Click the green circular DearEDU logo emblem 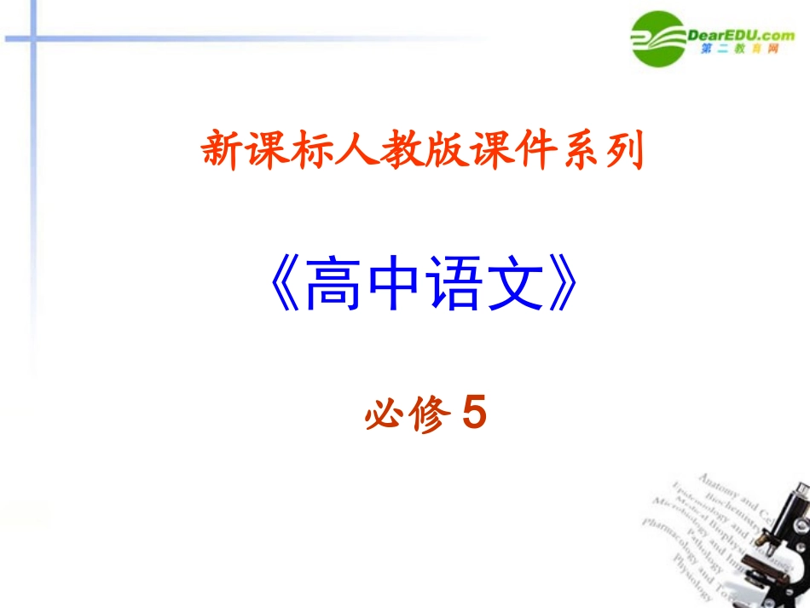pos(657,38)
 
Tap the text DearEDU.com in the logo pos(739,34)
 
